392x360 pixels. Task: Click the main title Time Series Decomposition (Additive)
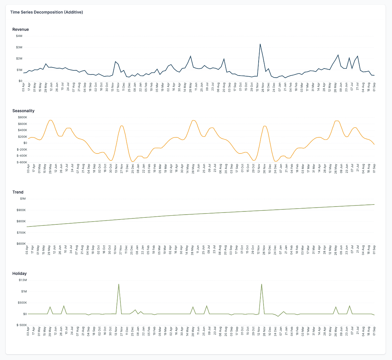(x=46, y=12)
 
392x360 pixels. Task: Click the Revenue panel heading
(x=20, y=29)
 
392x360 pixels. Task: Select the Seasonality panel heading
(x=23, y=111)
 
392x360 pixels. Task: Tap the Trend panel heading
(x=18, y=192)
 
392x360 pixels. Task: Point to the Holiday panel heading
(x=19, y=273)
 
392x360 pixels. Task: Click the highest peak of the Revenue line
(x=260, y=44)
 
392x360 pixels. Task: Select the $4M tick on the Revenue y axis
(x=19, y=36)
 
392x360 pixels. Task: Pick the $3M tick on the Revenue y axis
(x=19, y=47)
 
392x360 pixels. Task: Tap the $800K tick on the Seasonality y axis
(x=22, y=117)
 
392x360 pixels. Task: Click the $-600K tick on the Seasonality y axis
(x=22, y=162)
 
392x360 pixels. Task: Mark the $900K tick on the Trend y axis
(x=21, y=210)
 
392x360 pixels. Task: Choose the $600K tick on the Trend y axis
(x=21, y=244)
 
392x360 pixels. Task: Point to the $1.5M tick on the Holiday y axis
(x=22, y=280)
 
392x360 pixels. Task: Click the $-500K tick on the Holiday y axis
(x=22, y=325)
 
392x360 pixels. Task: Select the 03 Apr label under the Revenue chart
(x=24, y=86)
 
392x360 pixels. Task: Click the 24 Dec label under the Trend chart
(x=275, y=249)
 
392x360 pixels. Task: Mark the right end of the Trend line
(x=374, y=205)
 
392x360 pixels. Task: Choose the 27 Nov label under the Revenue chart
(x=118, y=86)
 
